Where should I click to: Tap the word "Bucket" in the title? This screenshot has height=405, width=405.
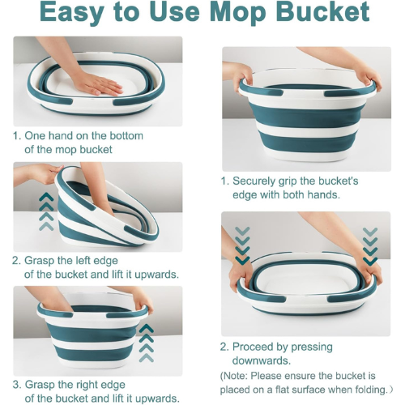[x=322, y=11]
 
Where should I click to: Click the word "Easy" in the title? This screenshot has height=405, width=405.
[x=72, y=13]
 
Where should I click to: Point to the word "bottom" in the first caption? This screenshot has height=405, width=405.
[x=126, y=136]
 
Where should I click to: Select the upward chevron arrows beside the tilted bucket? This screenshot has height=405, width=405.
[x=46, y=211]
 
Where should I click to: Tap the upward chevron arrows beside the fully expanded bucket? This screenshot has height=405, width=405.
[x=147, y=343]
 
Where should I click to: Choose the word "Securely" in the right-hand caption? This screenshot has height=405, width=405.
[x=254, y=181]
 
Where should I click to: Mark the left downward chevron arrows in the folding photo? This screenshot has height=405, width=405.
[x=242, y=245]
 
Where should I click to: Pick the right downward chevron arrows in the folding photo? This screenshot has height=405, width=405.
[x=370, y=246]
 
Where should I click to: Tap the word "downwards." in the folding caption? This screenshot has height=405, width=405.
[x=262, y=360]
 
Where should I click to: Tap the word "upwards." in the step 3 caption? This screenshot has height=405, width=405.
[x=157, y=399]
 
